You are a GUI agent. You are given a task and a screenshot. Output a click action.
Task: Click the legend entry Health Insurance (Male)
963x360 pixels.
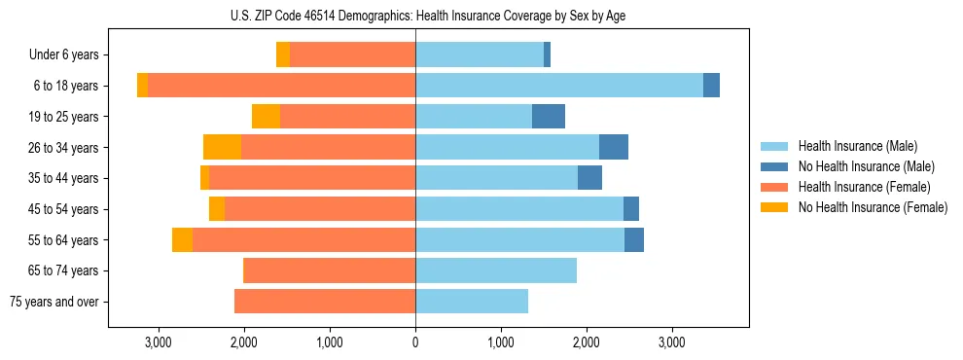click(858, 146)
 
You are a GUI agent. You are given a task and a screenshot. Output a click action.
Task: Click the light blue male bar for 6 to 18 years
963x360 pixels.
click(559, 86)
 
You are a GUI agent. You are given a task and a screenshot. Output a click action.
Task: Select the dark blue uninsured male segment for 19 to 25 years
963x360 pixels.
click(549, 117)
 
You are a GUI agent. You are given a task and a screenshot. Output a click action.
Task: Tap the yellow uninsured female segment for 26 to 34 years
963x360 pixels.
click(222, 147)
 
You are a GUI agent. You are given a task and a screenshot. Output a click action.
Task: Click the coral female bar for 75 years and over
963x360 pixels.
click(325, 302)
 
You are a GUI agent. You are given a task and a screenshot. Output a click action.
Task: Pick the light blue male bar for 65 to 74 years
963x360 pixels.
click(496, 270)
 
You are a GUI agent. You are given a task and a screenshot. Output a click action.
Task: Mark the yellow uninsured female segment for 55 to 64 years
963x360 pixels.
click(182, 240)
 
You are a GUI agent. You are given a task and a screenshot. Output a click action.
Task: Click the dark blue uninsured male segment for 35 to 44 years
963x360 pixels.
click(589, 178)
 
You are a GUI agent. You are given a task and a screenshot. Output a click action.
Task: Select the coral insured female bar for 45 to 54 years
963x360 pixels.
click(320, 209)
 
